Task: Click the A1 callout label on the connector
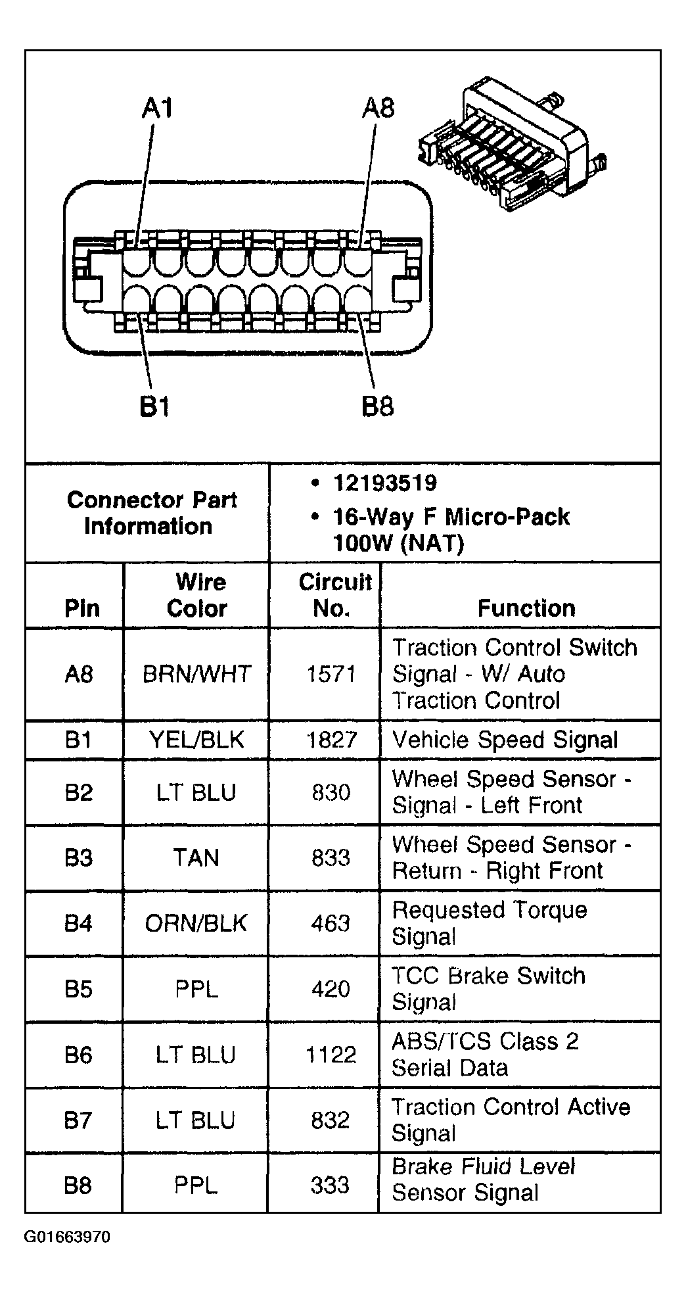(x=157, y=108)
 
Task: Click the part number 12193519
(x=384, y=483)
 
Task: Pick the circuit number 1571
(x=331, y=674)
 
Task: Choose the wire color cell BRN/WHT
(x=196, y=674)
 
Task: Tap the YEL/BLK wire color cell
(x=196, y=740)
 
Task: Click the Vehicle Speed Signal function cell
(x=505, y=740)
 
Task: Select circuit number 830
(x=331, y=792)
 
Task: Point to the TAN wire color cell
(x=196, y=858)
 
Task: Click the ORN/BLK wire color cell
(x=196, y=923)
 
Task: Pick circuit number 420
(x=331, y=989)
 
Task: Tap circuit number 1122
(x=331, y=1055)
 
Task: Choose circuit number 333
(x=330, y=1185)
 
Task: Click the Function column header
(x=526, y=608)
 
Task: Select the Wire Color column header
(x=196, y=595)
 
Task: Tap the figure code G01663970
(x=67, y=1237)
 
